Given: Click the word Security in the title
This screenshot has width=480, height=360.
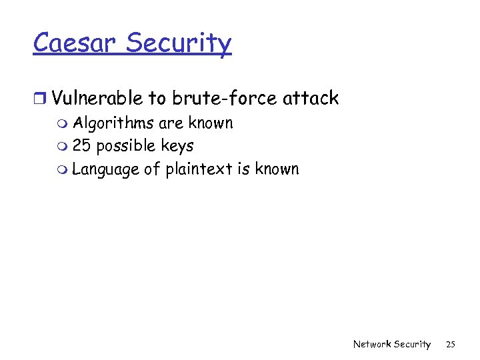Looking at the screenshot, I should (178, 44).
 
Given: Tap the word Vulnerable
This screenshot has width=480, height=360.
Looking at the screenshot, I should (97, 99).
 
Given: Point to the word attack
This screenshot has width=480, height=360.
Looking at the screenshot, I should (311, 99).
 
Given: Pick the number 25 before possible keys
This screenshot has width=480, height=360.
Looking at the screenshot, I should (81, 145).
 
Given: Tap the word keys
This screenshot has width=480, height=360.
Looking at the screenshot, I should (177, 146).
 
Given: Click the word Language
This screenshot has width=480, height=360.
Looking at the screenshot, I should (105, 169).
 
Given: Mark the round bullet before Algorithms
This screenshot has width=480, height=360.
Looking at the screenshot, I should (63, 124).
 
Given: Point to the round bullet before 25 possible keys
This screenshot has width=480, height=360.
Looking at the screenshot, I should (63, 147).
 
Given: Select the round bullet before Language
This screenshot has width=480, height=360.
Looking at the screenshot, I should (63, 170).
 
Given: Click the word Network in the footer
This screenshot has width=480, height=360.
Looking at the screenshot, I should (371, 344).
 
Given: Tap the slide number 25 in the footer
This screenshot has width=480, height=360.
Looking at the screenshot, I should (451, 344).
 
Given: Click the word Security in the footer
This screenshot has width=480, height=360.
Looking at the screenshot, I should (412, 344).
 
